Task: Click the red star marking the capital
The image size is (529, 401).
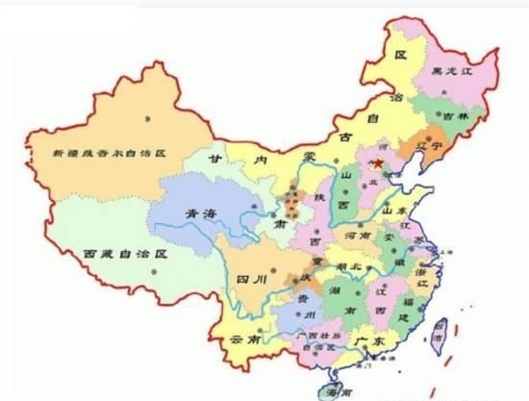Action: tap(378, 164)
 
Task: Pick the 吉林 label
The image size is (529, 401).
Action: tap(459, 116)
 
